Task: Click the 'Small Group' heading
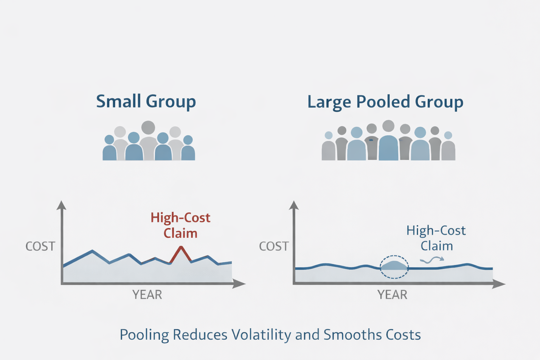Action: [x=146, y=102]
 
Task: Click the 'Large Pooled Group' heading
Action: [x=385, y=102]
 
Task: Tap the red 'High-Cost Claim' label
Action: [x=180, y=225]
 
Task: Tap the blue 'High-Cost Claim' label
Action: [x=436, y=238]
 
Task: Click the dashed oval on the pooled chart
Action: [x=394, y=267]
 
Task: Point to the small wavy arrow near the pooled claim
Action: [x=432, y=260]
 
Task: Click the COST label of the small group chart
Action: [x=40, y=246]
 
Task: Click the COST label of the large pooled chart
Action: [x=274, y=246]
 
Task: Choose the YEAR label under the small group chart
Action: [x=147, y=295]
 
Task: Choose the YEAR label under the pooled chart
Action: [x=392, y=295]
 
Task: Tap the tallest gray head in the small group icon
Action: [x=148, y=128]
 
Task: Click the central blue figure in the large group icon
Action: [x=388, y=146]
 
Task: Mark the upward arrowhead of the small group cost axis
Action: [x=62, y=205]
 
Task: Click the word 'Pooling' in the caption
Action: [x=144, y=335]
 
